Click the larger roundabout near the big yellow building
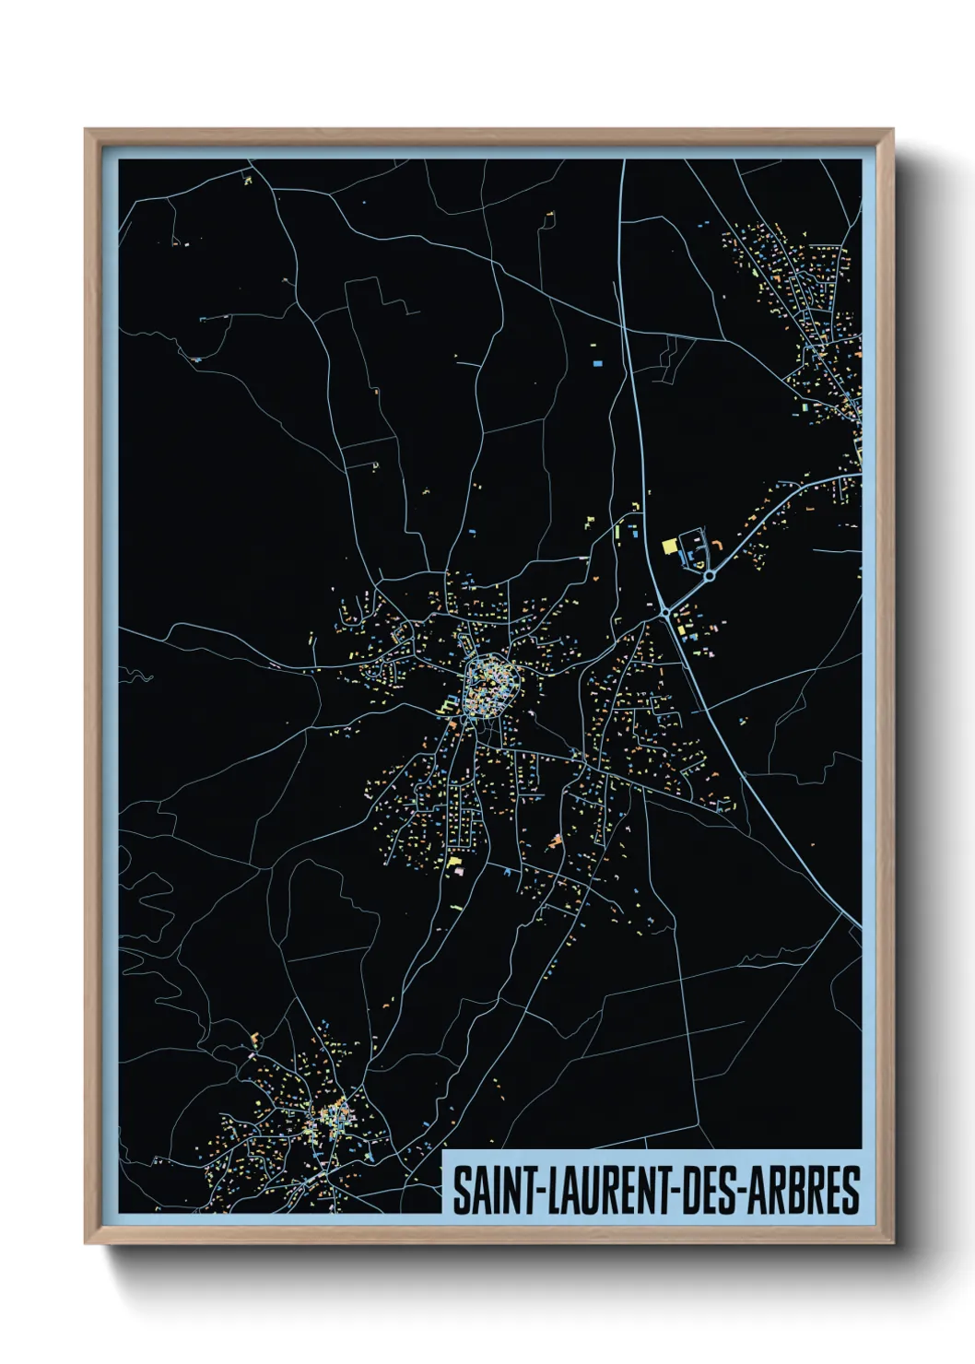[x=709, y=576]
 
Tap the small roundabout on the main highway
[x=664, y=611]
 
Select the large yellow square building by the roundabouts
[x=670, y=546]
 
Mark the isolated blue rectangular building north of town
[x=597, y=363]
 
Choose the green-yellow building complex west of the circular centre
[x=449, y=705]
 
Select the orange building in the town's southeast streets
[x=555, y=841]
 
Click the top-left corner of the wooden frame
[x=87, y=131]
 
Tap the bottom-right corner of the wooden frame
[x=892, y=1242]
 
